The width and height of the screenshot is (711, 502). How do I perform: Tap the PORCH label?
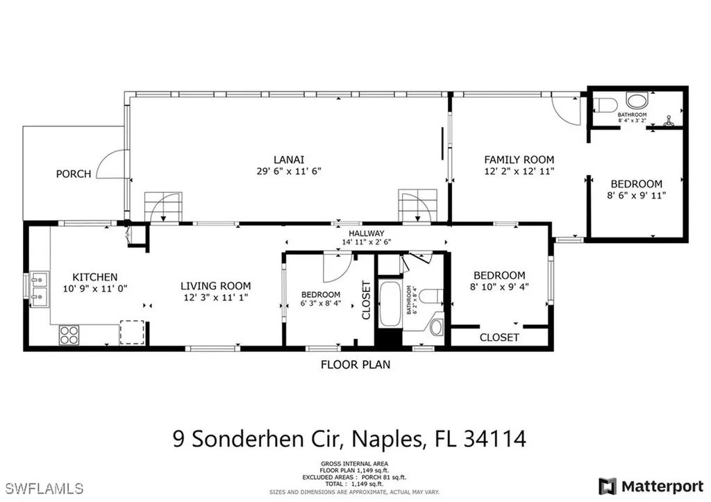(74, 174)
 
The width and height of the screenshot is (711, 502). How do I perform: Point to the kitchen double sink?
(40, 289)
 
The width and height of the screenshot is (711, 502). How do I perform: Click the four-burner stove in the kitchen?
(68, 335)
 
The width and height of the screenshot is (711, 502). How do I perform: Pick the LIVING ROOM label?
(215, 285)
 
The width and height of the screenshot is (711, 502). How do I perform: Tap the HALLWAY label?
(366, 233)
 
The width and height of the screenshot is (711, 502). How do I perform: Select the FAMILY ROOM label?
(519, 159)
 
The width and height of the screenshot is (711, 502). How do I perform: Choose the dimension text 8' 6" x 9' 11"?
(636, 195)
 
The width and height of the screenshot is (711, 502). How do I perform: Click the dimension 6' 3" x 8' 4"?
(320, 303)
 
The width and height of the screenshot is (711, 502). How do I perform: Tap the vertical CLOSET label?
(367, 300)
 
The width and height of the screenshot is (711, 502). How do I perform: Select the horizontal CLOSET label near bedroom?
(499, 337)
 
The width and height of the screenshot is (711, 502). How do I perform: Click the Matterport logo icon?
(608, 485)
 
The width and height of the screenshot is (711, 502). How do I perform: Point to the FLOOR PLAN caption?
(355, 364)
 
